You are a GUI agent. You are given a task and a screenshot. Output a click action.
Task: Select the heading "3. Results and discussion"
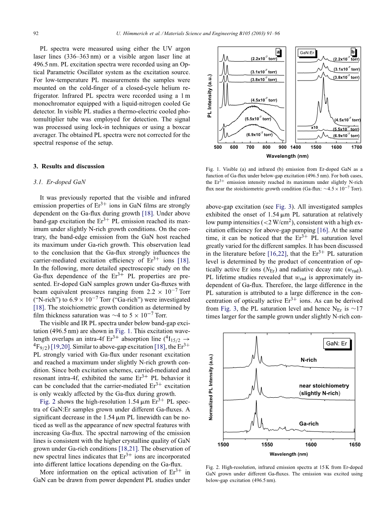pos(69,166)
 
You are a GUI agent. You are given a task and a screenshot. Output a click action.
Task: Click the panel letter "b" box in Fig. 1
pos(353,52)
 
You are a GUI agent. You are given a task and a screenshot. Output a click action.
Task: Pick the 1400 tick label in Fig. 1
pos(296,147)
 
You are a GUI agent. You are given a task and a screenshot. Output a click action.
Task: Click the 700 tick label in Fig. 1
pos(250,147)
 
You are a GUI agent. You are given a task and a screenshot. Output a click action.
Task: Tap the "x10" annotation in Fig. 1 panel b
pos(314,127)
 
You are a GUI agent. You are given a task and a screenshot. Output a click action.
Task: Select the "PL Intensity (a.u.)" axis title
pos(210,96)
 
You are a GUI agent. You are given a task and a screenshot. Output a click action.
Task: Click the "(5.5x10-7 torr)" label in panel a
pos(258,119)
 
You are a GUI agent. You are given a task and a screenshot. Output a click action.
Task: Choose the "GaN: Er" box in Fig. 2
pos(336,343)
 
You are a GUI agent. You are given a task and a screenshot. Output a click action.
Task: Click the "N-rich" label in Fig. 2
pos(308,360)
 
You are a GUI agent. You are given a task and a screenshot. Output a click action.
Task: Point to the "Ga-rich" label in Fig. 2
pos(309,423)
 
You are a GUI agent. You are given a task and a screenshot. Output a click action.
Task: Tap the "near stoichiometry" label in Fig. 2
pos(324,385)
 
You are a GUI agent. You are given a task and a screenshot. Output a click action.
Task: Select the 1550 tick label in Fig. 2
pos(267,444)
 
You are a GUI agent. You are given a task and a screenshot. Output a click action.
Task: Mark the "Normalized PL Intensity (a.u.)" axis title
pos(210,386)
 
